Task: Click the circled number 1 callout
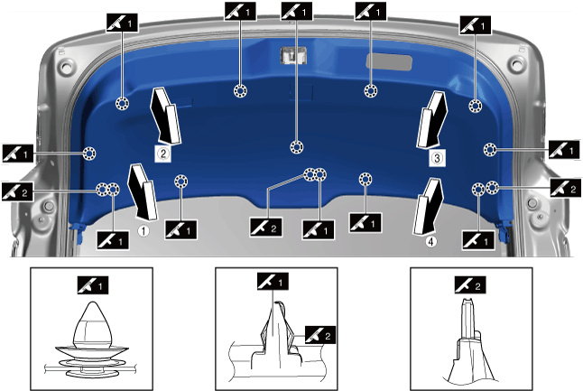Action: pos(143,231)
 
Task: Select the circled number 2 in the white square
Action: pos(162,154)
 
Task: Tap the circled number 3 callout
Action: pos(437,158)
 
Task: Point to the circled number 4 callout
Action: pos(430,242)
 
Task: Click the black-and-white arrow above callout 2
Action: pos(165,116)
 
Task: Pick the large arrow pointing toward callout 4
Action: pos(428,206)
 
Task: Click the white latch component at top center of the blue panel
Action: pos(293,55)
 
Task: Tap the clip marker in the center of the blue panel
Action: pos(296,147)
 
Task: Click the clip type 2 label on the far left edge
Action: pos(17,192)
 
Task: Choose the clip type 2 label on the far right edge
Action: pos(565,188)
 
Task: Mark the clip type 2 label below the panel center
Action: pos(266,227)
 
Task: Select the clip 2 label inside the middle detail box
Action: pos(320,335)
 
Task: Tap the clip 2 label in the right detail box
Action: pos(470,285)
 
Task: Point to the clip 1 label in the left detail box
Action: pos(93,285)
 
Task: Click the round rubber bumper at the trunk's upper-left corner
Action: pos(67,67)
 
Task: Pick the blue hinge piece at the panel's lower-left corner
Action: pos(78,232)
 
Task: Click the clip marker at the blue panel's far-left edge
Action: pos(89,154)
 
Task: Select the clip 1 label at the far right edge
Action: pos(564,150)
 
